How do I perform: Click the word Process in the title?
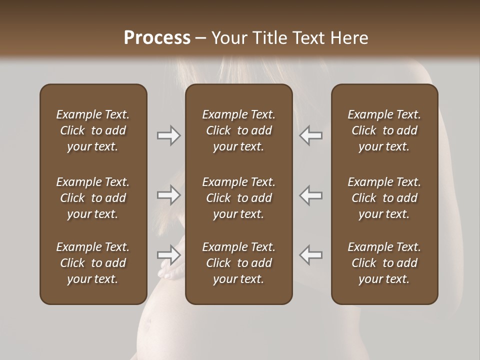[157, 38]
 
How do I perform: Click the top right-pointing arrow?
[169, 135]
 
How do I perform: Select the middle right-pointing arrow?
[169, 195]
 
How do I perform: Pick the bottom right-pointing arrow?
[169, 255]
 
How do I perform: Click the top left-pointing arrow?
[310, 135]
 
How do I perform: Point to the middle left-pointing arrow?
[310, 195]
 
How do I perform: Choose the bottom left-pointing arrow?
[310, 255]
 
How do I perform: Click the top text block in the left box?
[93, 130]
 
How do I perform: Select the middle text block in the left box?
[93, 198]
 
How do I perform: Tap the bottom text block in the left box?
[93, 263]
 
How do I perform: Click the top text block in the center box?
[238, 130]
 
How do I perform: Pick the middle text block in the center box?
[238, 198]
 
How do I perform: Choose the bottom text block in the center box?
[238, 263]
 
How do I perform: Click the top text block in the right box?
[384, 130]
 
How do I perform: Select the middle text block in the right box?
[384, 198]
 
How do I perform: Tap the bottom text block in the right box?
[384, 263]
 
